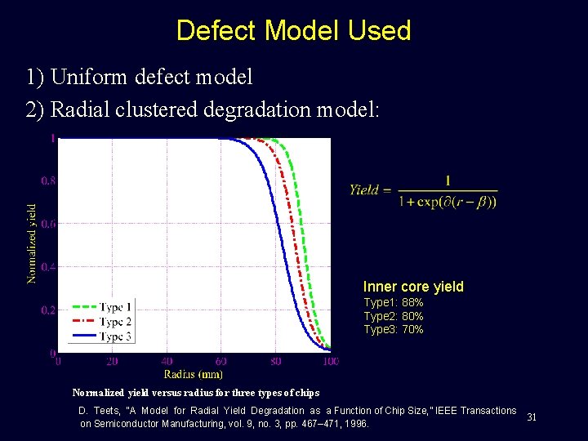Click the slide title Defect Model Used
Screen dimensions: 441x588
(293, 31)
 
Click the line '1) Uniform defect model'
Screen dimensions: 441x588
(140, 78)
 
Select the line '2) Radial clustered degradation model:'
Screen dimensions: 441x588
(203, 109)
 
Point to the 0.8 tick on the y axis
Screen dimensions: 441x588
(48, 180)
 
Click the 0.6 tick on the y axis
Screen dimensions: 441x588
(48, 224)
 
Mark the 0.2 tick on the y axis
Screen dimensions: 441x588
(48, 310)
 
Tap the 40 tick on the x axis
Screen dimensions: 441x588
(167, 361)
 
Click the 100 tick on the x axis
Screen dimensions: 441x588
(330, 361)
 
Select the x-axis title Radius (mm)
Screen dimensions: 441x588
(194, 374)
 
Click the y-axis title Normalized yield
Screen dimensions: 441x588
(32, 243)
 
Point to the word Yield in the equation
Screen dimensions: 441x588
(364, 189)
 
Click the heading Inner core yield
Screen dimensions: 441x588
(413, 287)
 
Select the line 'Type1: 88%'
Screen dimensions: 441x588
(394, 303)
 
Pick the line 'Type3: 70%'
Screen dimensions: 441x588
(394, 330)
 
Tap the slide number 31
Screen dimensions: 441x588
(532, 417)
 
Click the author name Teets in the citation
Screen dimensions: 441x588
(111, 411)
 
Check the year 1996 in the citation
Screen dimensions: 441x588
(357, 425)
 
